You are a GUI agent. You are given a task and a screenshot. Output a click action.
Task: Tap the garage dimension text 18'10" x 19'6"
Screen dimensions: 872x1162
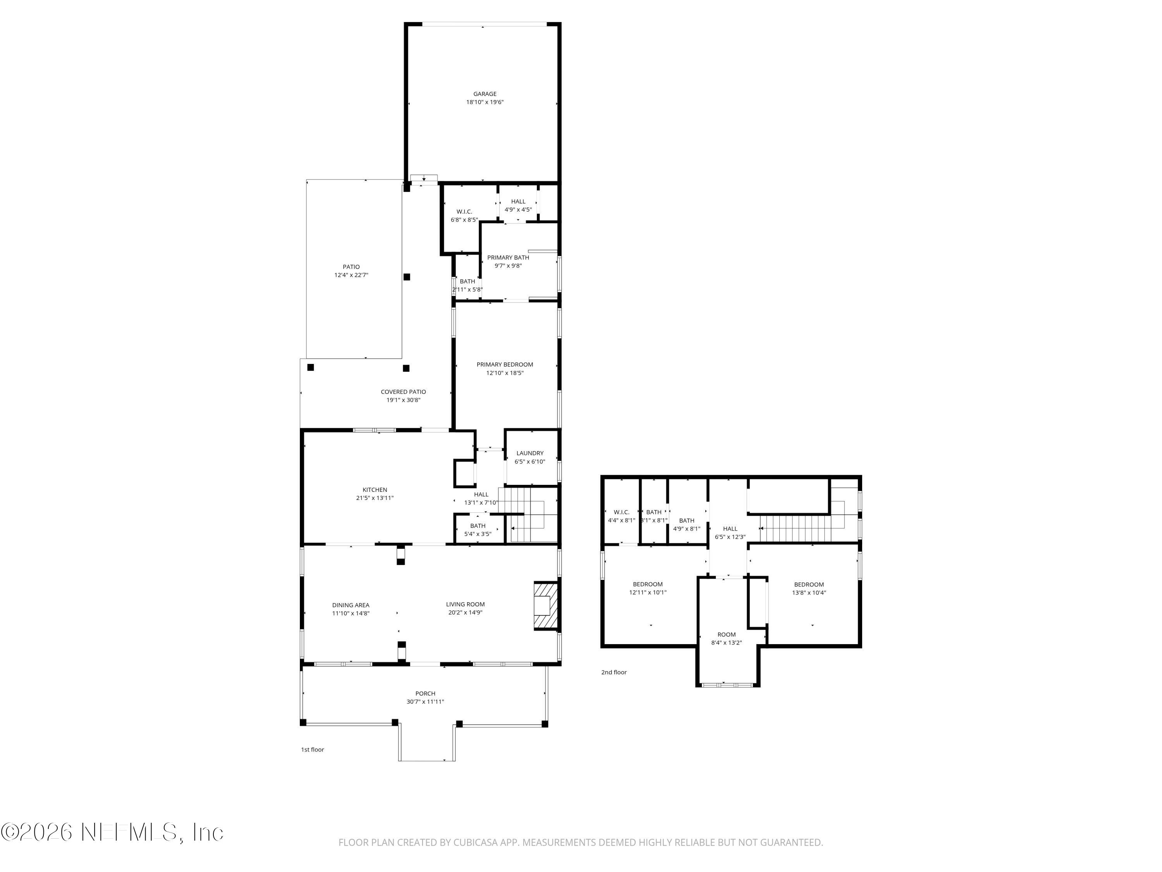click(x=484, y=102)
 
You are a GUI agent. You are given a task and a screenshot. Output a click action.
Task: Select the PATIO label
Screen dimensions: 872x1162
click(x=351, y=267)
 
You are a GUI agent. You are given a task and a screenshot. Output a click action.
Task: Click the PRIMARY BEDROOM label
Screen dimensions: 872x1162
click(x=504, y=365)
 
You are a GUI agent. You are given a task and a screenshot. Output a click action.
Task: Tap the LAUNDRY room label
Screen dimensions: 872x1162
click(x=529, y=453)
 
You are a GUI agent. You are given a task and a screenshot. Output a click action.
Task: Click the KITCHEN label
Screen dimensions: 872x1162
click(x=375, y=490)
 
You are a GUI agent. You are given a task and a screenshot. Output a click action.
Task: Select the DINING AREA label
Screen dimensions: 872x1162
click(x=351, y=605)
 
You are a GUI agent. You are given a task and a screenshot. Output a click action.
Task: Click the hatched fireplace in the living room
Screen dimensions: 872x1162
click(x=544, y=605)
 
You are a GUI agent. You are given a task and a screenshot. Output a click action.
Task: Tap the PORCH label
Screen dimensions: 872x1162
click(x=425, y=693)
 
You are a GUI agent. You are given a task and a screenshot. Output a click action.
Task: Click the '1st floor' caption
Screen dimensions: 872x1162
click(x=312, y=750)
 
